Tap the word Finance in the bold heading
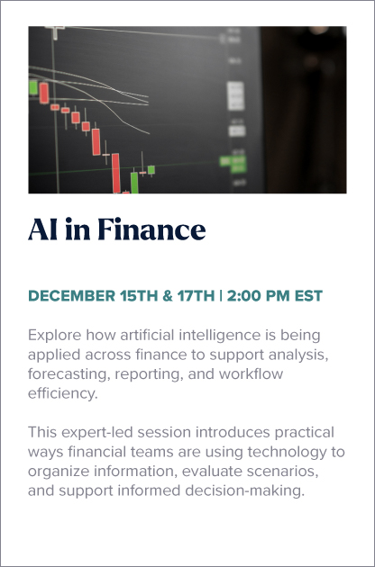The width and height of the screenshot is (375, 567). tap(151, 229)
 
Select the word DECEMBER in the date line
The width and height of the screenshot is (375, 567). tap(72, 296)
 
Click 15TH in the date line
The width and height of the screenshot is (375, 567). tap(139, 296)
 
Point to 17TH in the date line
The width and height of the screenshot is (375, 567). tap(196, 296)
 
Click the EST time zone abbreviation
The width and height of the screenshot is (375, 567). tap(308, 296)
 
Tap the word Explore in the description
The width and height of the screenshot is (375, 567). tap(55, 335)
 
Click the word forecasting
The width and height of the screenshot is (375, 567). tap(69, 373)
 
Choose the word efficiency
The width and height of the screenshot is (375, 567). tap(63, 393)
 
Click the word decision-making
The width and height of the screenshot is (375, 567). tap(245, 491)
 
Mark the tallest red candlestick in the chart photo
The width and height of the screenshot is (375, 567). tap(116, 173)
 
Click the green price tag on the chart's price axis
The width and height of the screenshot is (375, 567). tap(233, 164)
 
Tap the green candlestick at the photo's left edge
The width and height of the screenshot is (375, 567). tap(33, 87)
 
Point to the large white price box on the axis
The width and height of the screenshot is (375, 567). tap(235, 95)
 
